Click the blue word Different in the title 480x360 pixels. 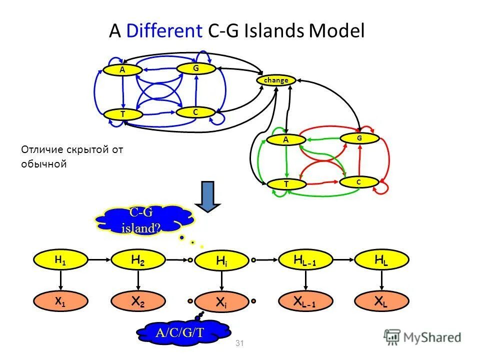click(163, 32)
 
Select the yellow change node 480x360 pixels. click(276, 80)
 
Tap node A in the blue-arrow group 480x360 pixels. click(122, 70)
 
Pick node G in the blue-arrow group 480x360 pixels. click(196, 68)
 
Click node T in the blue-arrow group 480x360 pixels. click(123, 114)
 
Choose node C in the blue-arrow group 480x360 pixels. click(195, 112)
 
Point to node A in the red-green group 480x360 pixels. click(286, 140)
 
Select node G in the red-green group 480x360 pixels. click(359, 138)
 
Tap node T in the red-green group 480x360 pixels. click(286, 184)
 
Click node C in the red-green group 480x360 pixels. click(358, 182)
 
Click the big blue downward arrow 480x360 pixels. click(208, 196)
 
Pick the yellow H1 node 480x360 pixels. click(60, 260)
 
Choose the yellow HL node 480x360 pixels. click(381, 259)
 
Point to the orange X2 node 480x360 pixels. click(137, 301)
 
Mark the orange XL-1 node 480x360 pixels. click(304, 301)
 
